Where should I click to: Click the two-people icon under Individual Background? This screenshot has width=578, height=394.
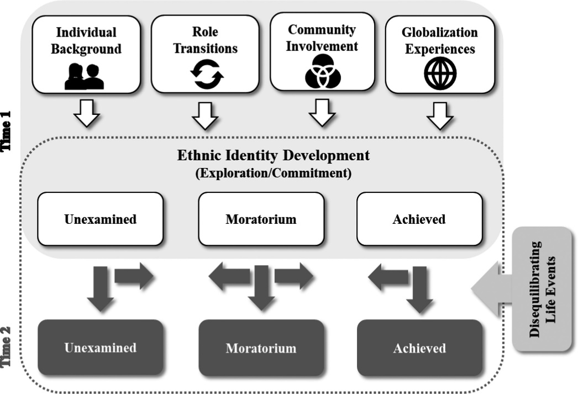click(85, 77)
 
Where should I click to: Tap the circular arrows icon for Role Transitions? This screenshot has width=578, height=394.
click(207, 75)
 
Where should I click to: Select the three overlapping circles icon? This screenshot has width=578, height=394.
click(323, 71)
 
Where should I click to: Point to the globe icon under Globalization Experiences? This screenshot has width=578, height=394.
click(440, 73)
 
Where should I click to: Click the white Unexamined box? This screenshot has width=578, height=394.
click(100, 219)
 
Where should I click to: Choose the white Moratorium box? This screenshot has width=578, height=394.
click(261, 219)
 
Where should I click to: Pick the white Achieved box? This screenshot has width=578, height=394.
click(419, 219)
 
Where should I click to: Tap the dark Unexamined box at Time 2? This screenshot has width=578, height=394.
click(100, 348)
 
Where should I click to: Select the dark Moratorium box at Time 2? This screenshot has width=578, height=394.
click(261, 348)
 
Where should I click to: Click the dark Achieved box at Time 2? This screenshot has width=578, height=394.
click(419, 348)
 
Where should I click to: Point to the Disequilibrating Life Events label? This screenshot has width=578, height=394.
click(542, 290)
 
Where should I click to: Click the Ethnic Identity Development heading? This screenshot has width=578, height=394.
click(274, 155)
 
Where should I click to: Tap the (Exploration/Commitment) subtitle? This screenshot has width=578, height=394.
click(274, 173)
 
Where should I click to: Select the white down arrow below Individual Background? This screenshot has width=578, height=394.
click(87, 113)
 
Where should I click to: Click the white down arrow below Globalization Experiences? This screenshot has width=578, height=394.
click(440, 115)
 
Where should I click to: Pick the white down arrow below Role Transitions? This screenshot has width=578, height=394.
click(206, 115)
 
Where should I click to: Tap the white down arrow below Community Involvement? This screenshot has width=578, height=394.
click(322, 113)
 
